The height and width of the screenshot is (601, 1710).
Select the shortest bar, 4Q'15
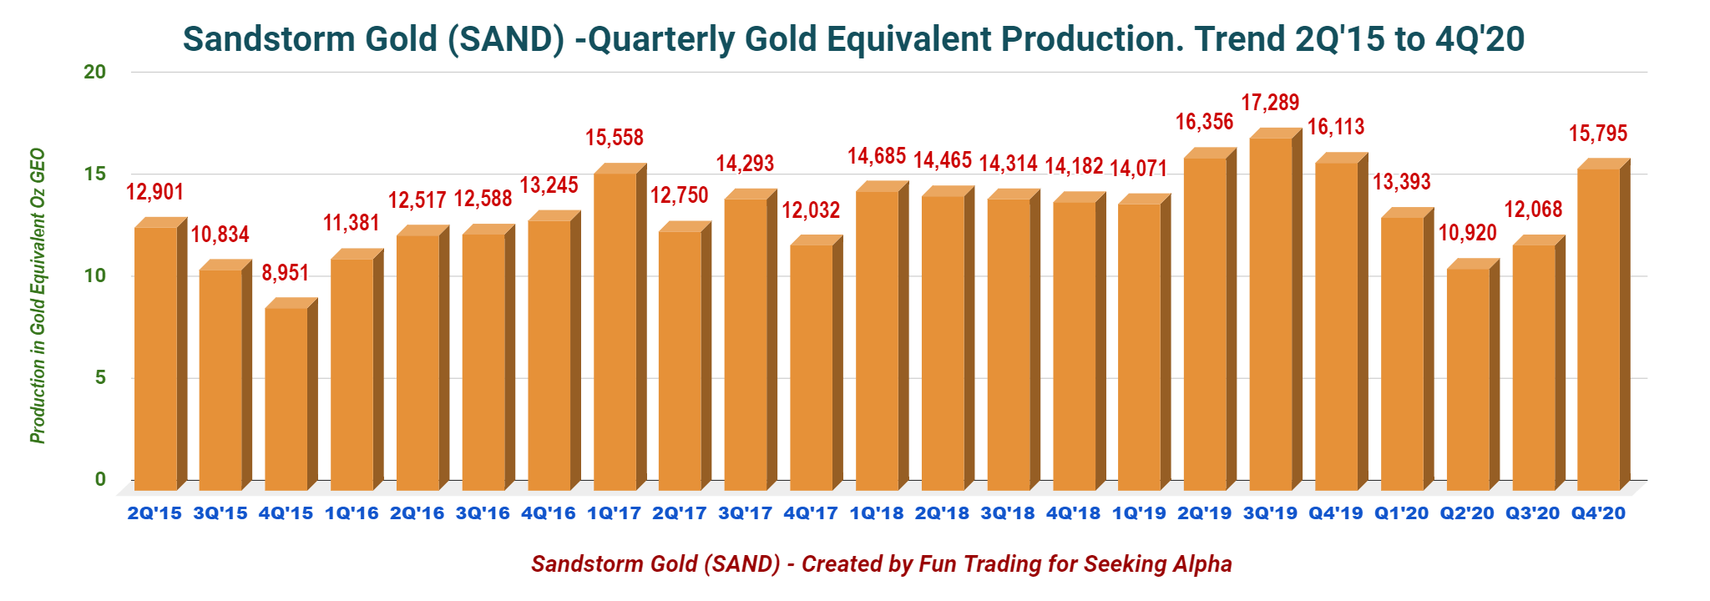click(x=286, y=399)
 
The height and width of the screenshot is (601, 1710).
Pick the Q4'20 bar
click(x=1598, y=330)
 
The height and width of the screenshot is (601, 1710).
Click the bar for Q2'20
click(x=1468, y=380)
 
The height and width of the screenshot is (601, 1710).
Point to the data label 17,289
click(x=1270, y=103)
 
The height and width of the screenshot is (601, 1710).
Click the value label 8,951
click(x=286, y=273)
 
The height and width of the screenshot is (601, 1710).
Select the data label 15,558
click(x=615, y=138)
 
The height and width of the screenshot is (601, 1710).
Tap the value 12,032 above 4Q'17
click(x=811, y=210)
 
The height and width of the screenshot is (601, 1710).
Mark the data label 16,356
click(x=1204, y=122)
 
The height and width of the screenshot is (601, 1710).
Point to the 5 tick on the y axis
click(x=100, y=377)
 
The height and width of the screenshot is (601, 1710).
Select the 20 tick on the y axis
click(x=95, y=72)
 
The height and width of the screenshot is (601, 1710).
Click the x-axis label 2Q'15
click(x=154, y=513)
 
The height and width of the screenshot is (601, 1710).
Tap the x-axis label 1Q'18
click(x=877, y=513)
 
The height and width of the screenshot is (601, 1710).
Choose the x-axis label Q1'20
click(x=1402, y=513)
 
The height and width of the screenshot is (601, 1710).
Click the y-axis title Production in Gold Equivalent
click(x=38, y=296)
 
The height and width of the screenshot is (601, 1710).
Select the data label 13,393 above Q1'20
click(x=1402, y=181)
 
